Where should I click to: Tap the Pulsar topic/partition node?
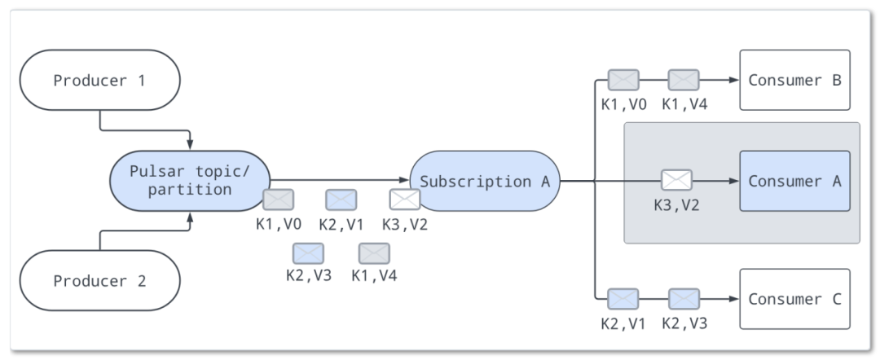pyautogui.click(x=191, y=181)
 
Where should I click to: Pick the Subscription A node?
pyautogui.click(x=485, y=181)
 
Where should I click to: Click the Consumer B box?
pyautogui.click(x=794, y=80)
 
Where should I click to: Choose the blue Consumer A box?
pyautogui.click(x=794, y=181)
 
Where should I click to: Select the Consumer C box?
pyautogui.click(x=794, y=299)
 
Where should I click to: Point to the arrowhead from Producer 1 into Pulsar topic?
pyautogui.click(x=190, y=144)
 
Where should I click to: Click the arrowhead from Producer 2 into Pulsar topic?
pyautogui.click(x=190, y=217)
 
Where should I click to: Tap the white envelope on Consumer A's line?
pyautogui.click(x=676, y=180)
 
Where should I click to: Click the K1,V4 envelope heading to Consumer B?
pyautogui.click(x=684, y=80)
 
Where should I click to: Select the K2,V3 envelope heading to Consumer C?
pyautogui.click(x=684, y=299)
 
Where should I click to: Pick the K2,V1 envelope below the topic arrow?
pyautogui.click(x=341, y=200)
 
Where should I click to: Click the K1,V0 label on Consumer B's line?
pyautogui.click(x=623, y=104)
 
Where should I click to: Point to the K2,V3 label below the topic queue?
pyautogui.click(x=309, y=275)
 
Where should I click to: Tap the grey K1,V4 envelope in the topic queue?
pyautogui.click(x=374, y=253)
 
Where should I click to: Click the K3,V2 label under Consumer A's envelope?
pyautogui.click(x=676, y=204)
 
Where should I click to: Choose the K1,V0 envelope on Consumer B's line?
pyautogui.click(x=623, y=80)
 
